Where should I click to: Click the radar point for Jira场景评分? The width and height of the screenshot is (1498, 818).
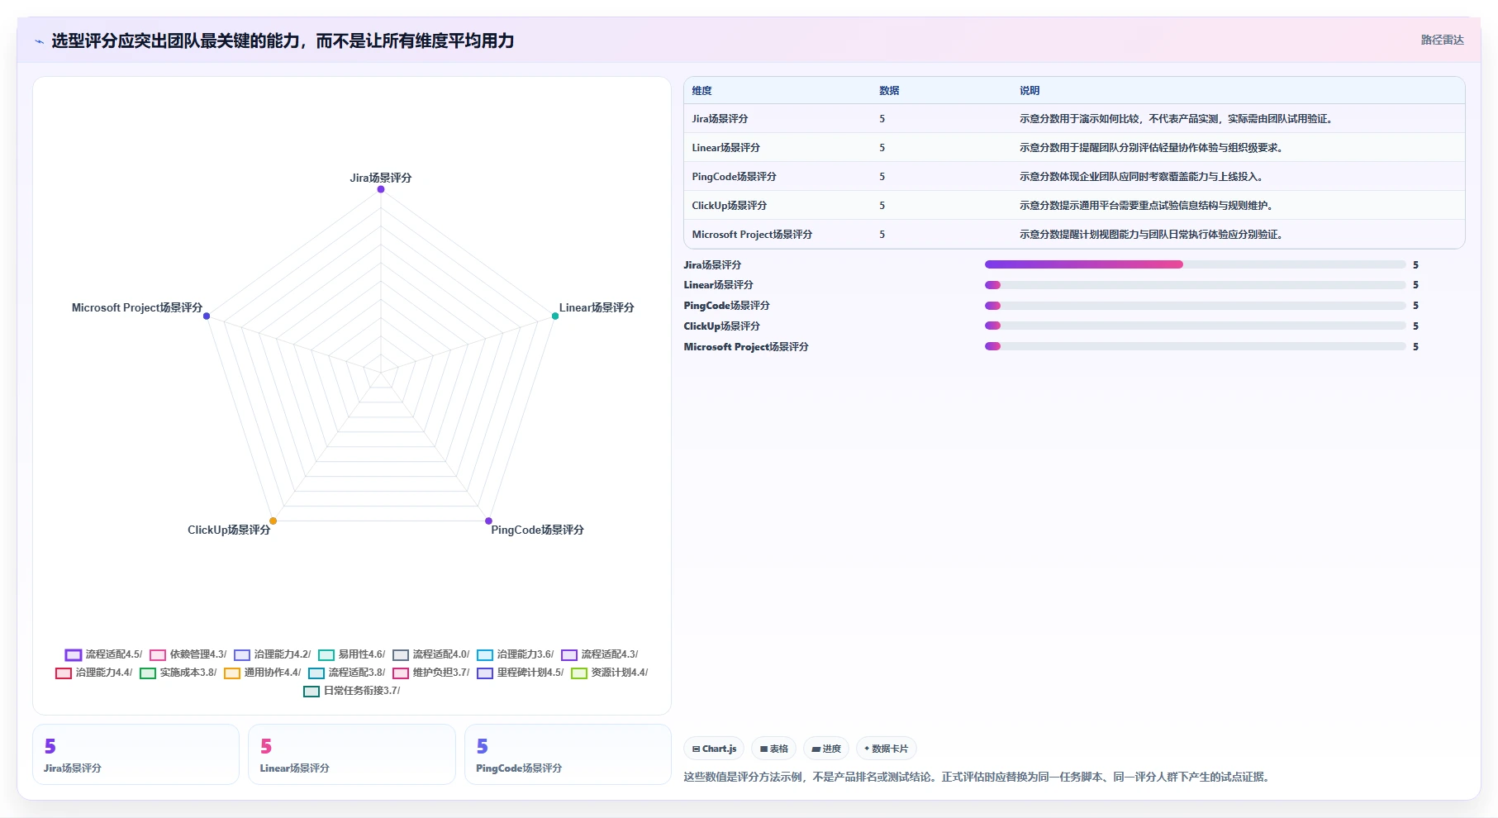(x=381, y=189)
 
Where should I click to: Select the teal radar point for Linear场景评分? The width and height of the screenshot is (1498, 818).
(x=555, y=316)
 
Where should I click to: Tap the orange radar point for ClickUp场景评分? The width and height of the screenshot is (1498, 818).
(x=273, y=521)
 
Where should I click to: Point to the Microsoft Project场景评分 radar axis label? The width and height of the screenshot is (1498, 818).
(x=137, y=307)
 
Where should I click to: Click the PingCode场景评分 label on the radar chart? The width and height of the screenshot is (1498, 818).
(x=537, y=530)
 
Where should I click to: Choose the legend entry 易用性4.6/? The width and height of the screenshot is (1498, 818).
(x=352, y=654)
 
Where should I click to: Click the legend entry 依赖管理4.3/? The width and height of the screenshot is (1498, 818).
(x=188, y=654)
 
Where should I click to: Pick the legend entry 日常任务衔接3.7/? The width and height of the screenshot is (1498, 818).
(x=352, y=691)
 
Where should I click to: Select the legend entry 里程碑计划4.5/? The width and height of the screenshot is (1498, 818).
(x=521, y=673)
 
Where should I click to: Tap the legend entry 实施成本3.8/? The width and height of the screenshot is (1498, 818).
(x=178, y=673)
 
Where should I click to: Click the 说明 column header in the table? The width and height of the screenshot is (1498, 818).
(x=1030, y=91)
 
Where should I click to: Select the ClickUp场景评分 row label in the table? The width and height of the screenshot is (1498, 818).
(x=730, y=206)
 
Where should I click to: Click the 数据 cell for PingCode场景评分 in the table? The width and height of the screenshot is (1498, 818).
(x=882, y=177)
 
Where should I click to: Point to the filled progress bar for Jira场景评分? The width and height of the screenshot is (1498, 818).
(x=1084, y=264)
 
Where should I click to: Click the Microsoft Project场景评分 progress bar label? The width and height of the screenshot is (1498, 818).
(x=746, y=347)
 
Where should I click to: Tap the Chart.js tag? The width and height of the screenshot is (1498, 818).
(x=714, y=749)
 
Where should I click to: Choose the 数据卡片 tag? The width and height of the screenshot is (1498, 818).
(x=887, y=749)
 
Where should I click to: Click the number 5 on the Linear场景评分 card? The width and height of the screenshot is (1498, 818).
(x=266, y=746)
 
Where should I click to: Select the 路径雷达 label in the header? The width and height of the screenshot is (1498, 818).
(x=1443, y=40)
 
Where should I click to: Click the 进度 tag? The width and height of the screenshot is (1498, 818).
(x=826, y=749)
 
